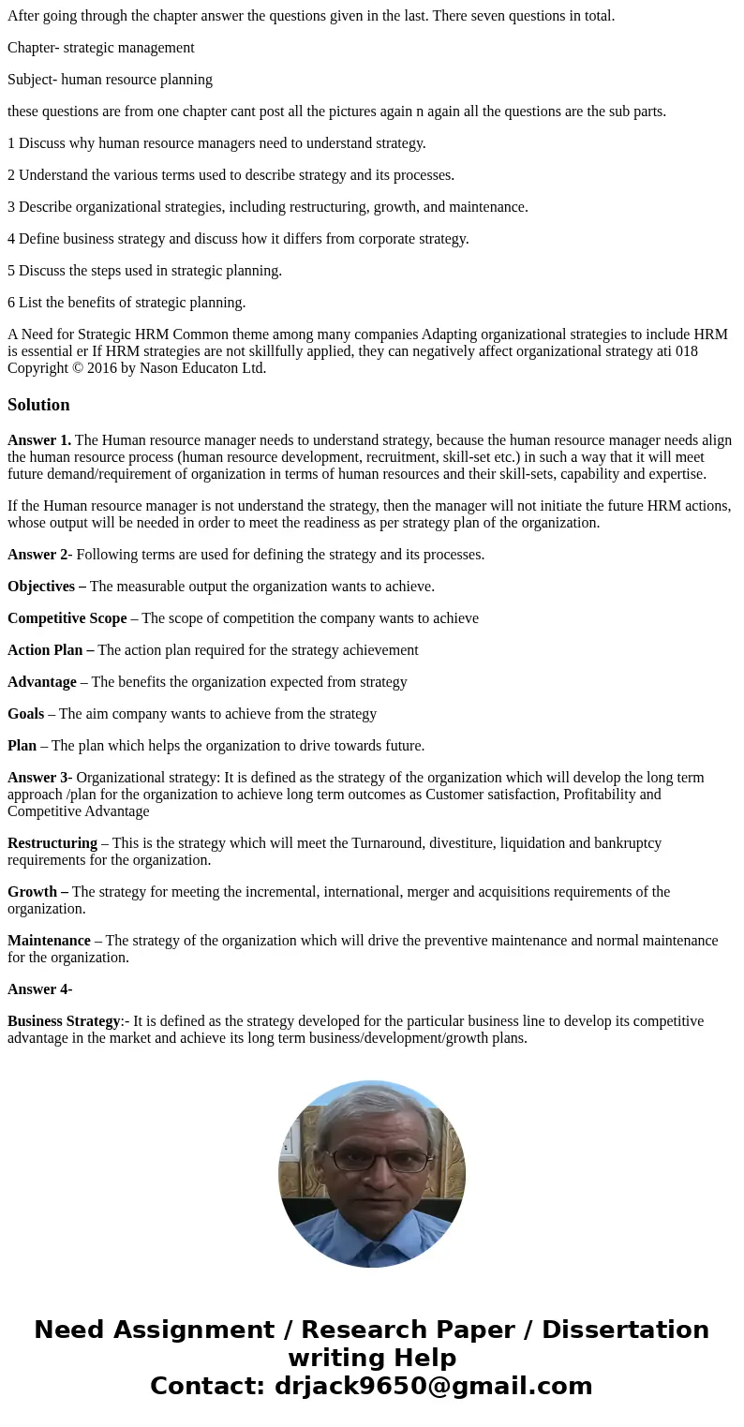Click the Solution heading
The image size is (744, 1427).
38,405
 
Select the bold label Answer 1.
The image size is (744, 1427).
39,440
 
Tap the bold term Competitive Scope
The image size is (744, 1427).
67,618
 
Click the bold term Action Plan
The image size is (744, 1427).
48,650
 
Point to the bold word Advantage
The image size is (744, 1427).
42,682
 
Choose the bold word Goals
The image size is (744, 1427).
25,714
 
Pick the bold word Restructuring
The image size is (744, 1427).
52,843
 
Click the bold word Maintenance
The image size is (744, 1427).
49,941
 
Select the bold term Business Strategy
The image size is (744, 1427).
64,1021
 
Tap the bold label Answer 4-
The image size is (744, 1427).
39,989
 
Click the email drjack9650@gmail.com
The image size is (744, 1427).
433,1386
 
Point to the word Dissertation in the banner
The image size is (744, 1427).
625,1330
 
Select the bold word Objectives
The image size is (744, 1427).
41,587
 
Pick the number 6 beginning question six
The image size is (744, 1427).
11,303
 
